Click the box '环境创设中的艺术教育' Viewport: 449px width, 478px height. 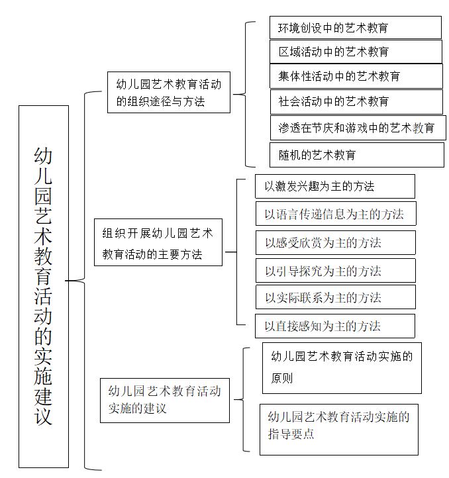(x=356, y=27)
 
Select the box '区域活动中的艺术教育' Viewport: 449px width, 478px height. (x=356, y=52)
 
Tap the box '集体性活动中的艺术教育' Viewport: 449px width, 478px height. (x=356, y=76)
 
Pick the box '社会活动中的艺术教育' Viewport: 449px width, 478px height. (x=356, y=102)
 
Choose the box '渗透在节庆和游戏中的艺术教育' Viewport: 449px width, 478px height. (x=358, y=128)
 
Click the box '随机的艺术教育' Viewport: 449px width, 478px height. (x=357, y=155)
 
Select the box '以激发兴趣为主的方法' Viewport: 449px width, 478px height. (x=335, y=186)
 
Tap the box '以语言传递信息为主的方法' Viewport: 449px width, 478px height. (x=336, y=213)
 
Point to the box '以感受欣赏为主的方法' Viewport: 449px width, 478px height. (x=336, y=243)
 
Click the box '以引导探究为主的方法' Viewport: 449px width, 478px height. (x=336, y=270)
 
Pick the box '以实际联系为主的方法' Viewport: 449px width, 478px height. (x=336, y=297)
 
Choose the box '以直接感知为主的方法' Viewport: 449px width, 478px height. (x=335, y=326)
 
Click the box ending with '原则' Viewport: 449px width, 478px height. (x=342, y=368)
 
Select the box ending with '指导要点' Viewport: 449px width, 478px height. (x=339, y=430)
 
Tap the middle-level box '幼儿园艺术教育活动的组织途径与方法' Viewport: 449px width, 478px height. (x=169, y=93)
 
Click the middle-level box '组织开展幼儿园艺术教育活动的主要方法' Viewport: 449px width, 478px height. (x=158, y=242)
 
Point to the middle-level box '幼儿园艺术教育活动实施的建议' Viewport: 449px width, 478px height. (x=165, y=401)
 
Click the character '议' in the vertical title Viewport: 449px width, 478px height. (x=43, y=416)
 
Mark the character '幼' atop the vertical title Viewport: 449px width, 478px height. (x=43, y=156)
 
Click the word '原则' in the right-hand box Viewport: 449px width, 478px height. (x=282, y=378)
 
